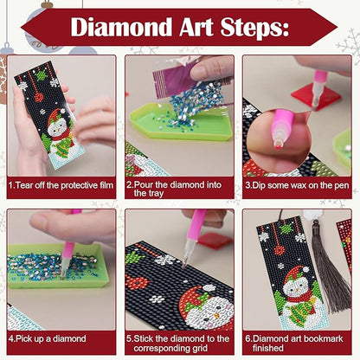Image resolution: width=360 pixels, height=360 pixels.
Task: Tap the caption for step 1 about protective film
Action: click(x=61, y=184)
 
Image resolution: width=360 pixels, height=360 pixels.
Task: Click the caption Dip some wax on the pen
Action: click(x=298, y=184)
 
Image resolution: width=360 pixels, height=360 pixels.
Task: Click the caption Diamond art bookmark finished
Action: click(x=298, y=344)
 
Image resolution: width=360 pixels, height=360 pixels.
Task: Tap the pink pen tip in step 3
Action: click(x=279, y=138)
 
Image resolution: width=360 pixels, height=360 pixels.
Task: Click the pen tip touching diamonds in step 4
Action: click(x=66, y=272)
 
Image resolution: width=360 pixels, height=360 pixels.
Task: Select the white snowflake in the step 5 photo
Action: click(x=164, y=259)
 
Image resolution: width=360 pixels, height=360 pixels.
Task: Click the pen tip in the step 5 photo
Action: click(x=183, y=260)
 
